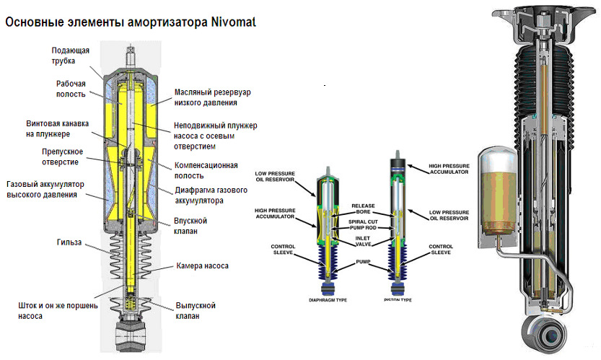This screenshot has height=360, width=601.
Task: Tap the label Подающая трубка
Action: [x=70, y=56]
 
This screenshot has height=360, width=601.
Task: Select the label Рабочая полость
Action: [x=71, y=88]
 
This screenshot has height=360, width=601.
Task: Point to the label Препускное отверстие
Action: [x=61, y=156]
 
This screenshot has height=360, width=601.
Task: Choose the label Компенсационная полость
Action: [x=206, y=170]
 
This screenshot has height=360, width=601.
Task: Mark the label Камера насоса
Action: [x=203, y=266]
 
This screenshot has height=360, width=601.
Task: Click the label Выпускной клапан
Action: [x=197, y=310]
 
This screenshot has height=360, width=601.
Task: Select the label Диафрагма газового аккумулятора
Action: [x=214, y=195]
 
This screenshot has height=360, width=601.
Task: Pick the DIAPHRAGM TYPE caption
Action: [x=328, y=299]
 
